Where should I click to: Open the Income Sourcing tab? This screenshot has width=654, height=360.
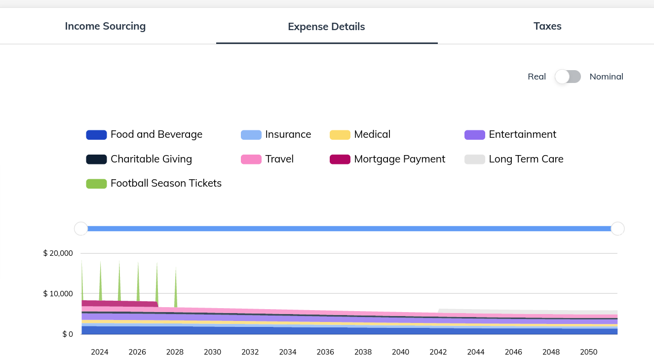click(105, 26)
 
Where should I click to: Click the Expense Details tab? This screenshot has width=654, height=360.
click(326, 27)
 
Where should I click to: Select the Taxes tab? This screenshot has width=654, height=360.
click(547, 26)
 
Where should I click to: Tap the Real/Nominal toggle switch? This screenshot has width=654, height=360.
click(568, 77)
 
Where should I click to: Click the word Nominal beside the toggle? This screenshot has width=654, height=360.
click(607, 77)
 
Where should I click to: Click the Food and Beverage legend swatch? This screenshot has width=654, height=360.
click(96, 135)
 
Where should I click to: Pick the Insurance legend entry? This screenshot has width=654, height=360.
click(276, 134)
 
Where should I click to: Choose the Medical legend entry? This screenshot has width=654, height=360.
click(360, 134)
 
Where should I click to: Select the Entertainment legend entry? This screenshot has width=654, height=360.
click(510, 134)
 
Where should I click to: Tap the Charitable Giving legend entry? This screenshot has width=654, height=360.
click(139, 159)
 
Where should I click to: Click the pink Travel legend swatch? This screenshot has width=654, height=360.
click(251, 159)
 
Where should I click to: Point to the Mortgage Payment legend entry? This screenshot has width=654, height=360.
click(387, 159)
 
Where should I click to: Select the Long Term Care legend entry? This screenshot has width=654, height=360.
click(514, 159)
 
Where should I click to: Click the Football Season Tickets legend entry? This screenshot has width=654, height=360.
click(154, 183)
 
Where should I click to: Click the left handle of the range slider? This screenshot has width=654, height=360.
click(81, 229)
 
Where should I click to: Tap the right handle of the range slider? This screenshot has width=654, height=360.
click(618, 229)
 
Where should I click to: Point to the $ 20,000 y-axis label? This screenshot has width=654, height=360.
click(58, 253)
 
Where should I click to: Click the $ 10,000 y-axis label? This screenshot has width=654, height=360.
click(58, 293)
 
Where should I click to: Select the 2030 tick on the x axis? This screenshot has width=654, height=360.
click(213, 352)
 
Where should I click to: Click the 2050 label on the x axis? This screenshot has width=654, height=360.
click(588, 352)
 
